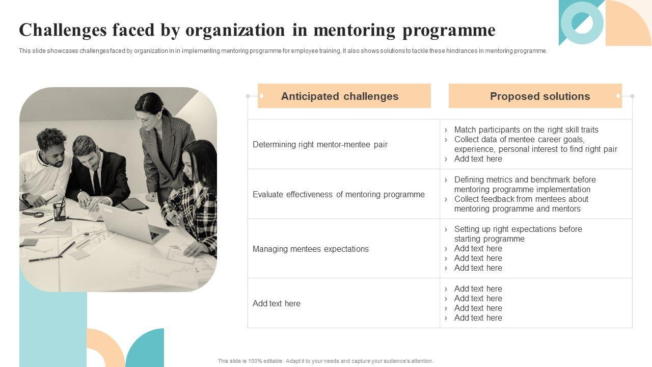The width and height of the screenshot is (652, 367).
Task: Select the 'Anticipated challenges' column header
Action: [x=340, y=96]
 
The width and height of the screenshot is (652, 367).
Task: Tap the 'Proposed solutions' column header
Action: [x=539, y=96]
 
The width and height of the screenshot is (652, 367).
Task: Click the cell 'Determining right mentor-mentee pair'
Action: [x=320, y=145]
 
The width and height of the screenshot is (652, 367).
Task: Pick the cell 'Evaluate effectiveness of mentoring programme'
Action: [x=338, y=194]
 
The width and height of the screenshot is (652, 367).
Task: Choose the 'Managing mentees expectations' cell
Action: [x=310, y=249]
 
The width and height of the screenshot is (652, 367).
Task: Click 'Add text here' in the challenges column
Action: [x=277, y=304]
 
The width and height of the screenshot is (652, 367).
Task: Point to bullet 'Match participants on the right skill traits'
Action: [x=526, y=130]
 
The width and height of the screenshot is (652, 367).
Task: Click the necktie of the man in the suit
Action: [x=96, y=180]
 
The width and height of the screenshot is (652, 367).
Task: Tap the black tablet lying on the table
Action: [x=133, y=204]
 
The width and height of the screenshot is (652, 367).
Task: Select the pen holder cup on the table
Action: [x=60, y=212]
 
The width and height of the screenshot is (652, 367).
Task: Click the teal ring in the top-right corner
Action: [x=582, y=22]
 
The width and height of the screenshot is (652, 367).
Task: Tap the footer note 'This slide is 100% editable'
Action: [x=325, y=361]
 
